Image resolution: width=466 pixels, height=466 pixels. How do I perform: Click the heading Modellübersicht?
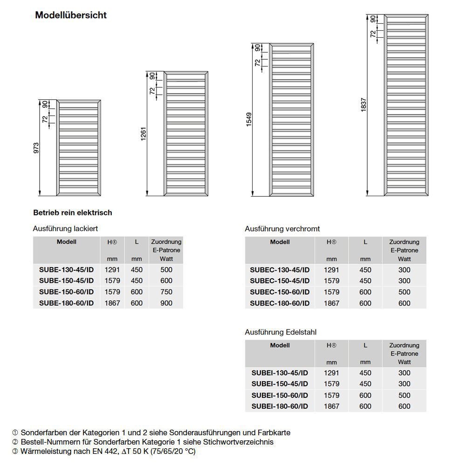(x=71, y=15)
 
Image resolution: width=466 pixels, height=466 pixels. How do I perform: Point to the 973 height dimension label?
(x=36, y=148)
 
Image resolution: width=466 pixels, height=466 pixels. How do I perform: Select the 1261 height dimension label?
(x=144, y=134)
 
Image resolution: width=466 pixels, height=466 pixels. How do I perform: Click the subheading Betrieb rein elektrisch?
(x=73, y=212)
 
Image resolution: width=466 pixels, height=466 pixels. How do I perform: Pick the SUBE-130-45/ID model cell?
(x=67, y=269)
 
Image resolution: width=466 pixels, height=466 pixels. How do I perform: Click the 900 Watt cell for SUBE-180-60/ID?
(x=166, y=303)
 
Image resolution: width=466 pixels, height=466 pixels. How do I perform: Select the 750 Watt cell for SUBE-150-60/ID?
(x=166, y=292)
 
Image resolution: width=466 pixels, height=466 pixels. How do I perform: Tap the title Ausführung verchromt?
(x=282, y=229)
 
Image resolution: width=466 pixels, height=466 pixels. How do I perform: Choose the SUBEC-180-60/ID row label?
(x=280, y=303)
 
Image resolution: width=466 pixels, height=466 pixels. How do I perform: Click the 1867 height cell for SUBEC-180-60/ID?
(x=332, y=303)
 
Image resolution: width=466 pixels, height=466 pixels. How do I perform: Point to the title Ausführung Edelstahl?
(x=281, y=332)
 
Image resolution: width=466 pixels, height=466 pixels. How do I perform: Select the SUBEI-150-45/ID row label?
(x=280, y=384)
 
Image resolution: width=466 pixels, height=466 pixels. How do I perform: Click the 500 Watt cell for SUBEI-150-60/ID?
(x=404, y=395)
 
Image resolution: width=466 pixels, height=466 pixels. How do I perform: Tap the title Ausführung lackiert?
(x=65, y=229)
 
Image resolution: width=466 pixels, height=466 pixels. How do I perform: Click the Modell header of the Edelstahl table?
(x=280, y=345)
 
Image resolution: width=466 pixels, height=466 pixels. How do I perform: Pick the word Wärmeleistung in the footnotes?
(x=47, y=451)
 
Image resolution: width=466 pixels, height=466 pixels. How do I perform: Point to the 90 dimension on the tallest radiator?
(x=373, y=19)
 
